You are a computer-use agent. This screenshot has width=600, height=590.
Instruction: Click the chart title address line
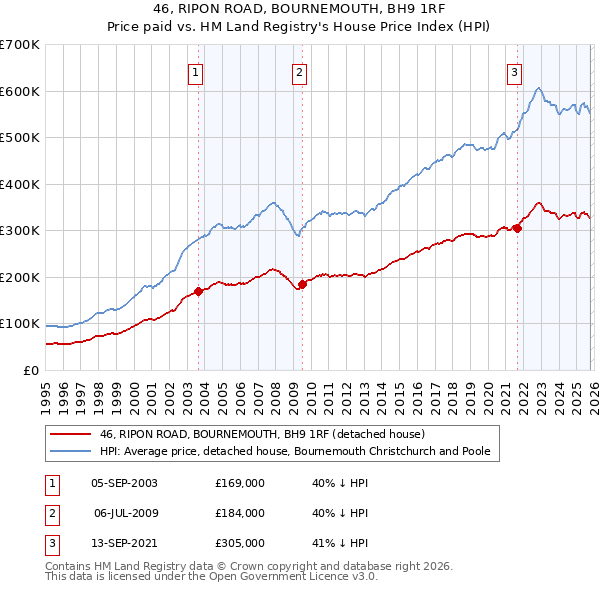300,9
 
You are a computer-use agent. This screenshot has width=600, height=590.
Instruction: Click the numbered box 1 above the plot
195,71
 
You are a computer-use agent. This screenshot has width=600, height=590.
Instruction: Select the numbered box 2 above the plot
299,71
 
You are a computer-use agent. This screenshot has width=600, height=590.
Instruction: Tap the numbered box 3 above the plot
514,71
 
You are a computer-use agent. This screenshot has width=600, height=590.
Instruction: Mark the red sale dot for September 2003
198,292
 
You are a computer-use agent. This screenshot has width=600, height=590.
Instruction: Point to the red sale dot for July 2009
302,285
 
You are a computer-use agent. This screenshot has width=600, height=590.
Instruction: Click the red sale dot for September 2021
518,228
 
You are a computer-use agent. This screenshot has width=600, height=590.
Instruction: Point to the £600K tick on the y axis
20,91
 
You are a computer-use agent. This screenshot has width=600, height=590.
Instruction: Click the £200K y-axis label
20,277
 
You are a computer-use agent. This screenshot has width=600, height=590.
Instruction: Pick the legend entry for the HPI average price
295,452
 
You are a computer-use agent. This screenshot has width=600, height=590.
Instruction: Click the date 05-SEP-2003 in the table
124,483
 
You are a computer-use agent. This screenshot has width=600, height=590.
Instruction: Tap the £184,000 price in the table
240,513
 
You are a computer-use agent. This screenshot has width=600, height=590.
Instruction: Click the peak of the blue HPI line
539,88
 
